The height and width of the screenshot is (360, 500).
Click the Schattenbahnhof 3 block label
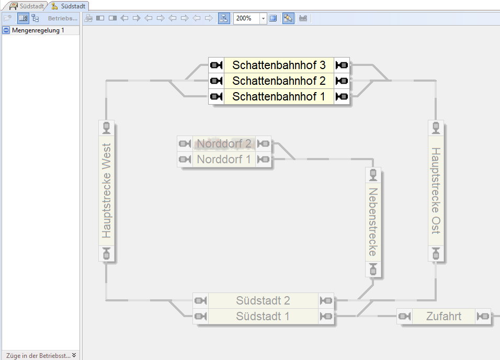click(279, 65)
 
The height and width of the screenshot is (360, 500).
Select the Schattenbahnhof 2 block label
click(279, 81)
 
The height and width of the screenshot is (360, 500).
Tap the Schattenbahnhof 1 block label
click(279, 97)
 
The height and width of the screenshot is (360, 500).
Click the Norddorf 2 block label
click(224, 144)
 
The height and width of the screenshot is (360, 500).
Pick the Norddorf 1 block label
click(224, 160)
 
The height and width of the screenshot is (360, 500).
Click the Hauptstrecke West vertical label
click(107, 191)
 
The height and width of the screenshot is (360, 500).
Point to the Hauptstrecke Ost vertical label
click(436, 191)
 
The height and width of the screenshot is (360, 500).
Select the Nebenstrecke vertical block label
click(373, 222)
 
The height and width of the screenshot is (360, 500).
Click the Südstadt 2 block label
click(263, 301)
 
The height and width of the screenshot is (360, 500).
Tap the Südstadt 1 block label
click(263, 317)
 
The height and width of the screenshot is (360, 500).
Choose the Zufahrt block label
click(444, 317)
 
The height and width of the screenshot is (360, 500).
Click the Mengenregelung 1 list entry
click(38, 30)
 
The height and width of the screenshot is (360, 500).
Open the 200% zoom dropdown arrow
click(263, 18)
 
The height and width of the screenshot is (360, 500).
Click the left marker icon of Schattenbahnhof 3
click(216, 65)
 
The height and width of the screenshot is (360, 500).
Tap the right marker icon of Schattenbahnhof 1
click(342, 97)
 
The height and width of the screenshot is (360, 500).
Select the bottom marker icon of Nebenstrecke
click(373, 269)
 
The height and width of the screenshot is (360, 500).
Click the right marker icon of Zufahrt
click(483, 317)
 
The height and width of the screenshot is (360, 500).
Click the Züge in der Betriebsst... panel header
click(38, 355)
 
